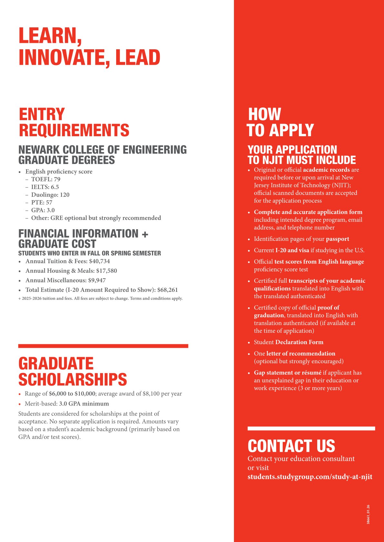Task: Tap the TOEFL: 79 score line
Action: click(x=45, y=179)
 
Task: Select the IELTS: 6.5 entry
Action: click(x=45, y=187)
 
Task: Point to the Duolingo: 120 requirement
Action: click(x=50, y=195)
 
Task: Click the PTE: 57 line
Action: click(x=42, y=203)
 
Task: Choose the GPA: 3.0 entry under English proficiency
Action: click(x=43, y=210)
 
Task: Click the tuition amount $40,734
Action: click(x=99, y=261)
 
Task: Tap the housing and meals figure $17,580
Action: click(x=106, y=271)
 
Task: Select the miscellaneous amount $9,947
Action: click(x=97, y=281)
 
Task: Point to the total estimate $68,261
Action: click(x=167, y=290)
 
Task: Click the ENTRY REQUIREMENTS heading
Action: click(x=74, y=122)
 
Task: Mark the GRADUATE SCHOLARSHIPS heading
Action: click(x=73, y=371)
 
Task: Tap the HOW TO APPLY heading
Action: click(x=280, y=122)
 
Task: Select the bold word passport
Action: click(x=337, y=239)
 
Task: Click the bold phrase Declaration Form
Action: click(x=299, y=342)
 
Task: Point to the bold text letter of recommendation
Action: click(x=301, y=354)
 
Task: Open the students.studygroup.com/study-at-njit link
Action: click(x=310, y=477)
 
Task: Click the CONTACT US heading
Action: click(x=291, y=446)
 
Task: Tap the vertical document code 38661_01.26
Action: click(x=368, y=515)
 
